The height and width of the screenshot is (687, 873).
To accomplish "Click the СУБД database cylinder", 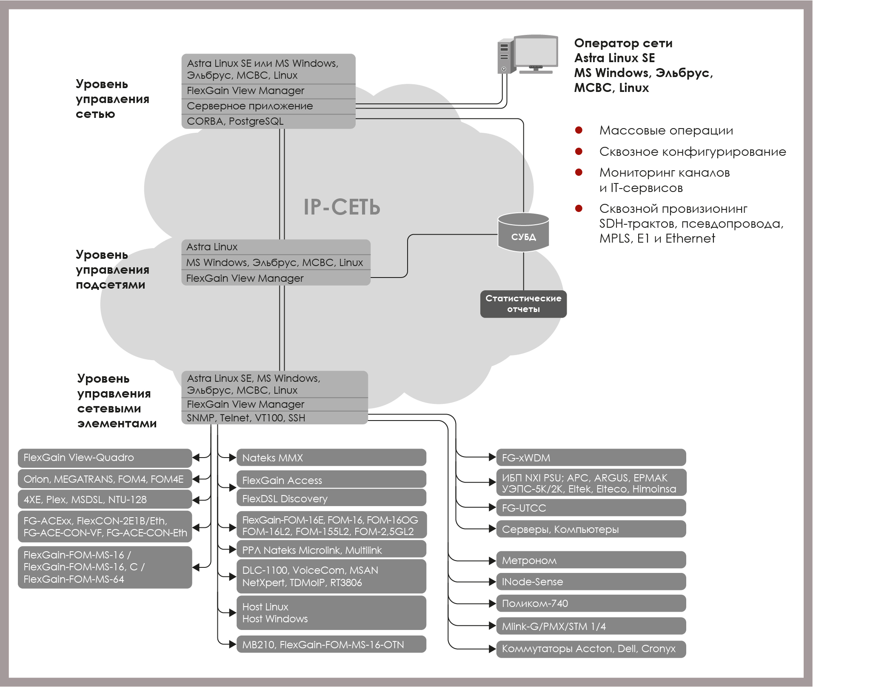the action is click(523, 232).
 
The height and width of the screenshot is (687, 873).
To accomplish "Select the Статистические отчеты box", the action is click(523, 304).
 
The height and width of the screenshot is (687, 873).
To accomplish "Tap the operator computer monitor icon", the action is click(535, 54).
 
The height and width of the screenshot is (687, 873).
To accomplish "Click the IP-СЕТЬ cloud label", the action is click(342, 207).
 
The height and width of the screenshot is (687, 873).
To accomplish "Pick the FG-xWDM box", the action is click(591, 458).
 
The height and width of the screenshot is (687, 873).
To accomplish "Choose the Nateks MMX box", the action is click(331, 458).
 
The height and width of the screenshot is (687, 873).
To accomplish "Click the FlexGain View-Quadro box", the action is click(105, 458).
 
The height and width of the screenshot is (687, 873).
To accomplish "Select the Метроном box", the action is click(591, 560).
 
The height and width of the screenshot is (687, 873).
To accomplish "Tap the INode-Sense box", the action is click(591, 581).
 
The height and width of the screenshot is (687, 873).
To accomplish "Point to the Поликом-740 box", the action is click(591, 603).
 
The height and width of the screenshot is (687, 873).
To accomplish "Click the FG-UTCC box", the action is click(591, 508).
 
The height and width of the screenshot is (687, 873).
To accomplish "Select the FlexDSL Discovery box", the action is click(331, 498).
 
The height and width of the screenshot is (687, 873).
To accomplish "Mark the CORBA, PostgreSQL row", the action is click(268, 121).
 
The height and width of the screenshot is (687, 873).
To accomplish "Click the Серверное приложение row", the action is click(268, 106).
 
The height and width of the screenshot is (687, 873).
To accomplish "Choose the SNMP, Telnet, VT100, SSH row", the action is click(274, 418).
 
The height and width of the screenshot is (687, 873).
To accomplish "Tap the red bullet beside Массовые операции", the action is click(579, 130).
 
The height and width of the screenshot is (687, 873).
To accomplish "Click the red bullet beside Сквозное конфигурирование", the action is click(579, 151).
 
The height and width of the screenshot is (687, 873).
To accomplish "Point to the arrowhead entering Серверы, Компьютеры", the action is click(493, 529).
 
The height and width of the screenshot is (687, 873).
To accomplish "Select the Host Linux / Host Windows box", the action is click(331, 613).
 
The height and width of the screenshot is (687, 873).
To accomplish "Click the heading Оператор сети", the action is click(623, 43).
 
